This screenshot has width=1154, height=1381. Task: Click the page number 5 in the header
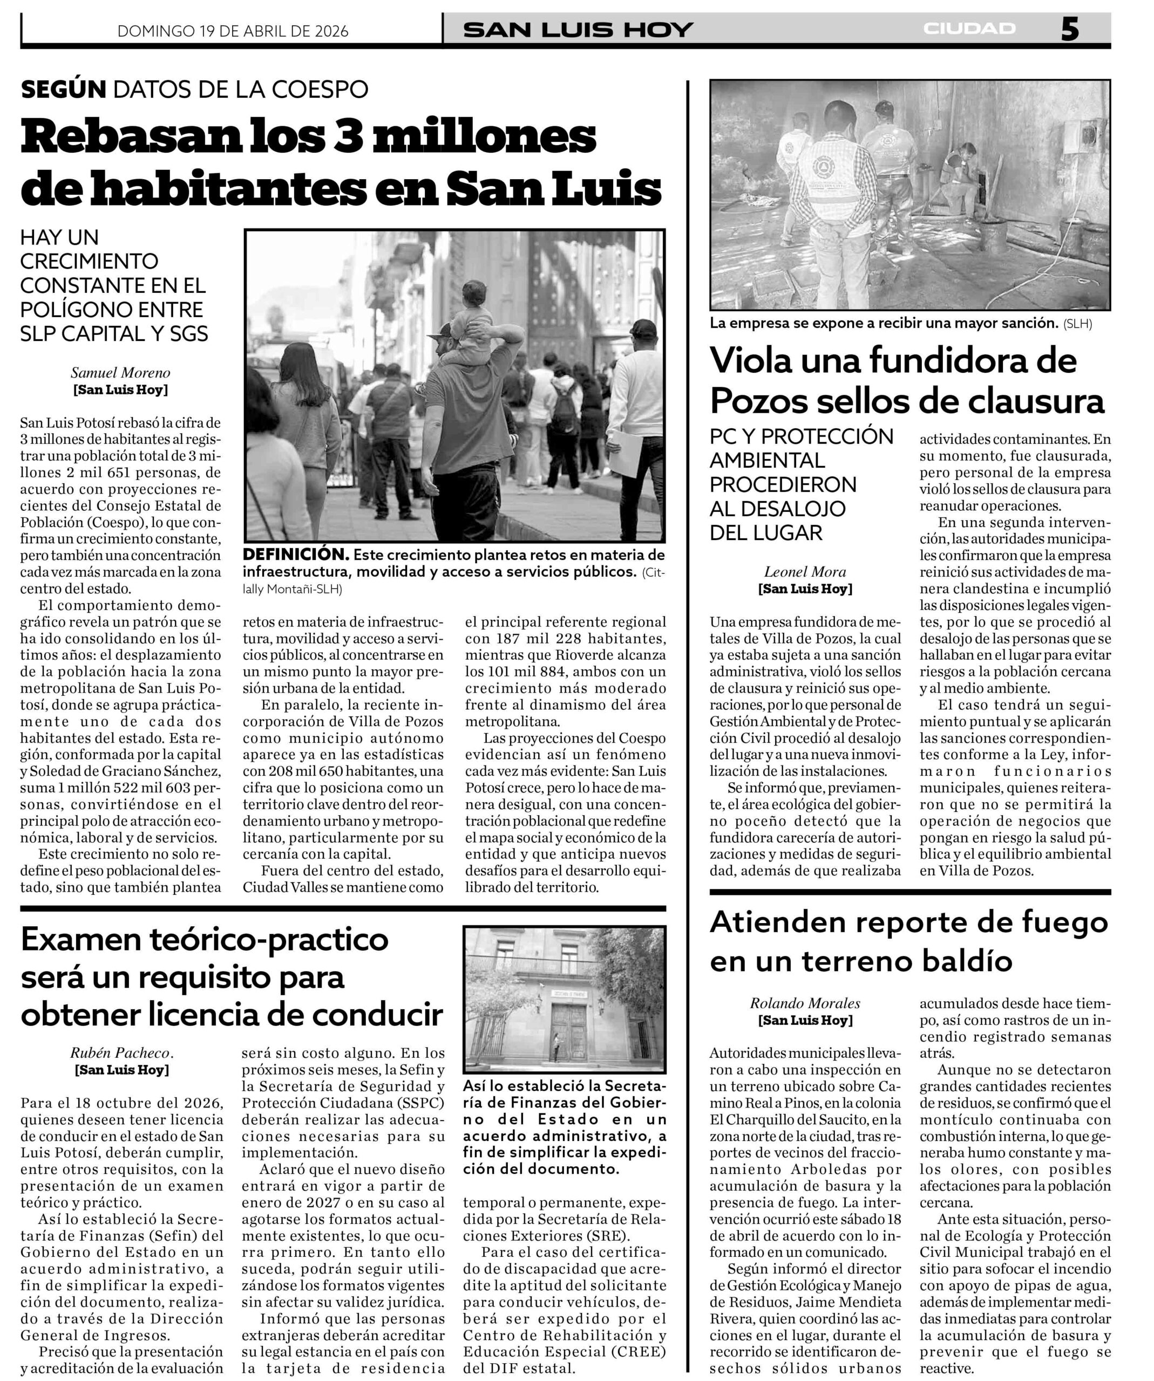click(x=1069, y=30)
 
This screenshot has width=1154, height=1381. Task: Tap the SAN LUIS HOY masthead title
click(x=578, y=30)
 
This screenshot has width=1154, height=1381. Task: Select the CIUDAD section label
click(x=969, y=29)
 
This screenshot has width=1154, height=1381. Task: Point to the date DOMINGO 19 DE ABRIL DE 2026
click(x=233, y=31)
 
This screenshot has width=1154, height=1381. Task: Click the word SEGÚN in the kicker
click(x=63, y=90)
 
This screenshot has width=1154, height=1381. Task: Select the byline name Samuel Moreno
click(x=120, y=373)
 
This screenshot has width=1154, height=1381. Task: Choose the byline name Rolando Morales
click(x=805, y=1003)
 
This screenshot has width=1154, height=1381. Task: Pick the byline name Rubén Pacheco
click(x=120, y=1053)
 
